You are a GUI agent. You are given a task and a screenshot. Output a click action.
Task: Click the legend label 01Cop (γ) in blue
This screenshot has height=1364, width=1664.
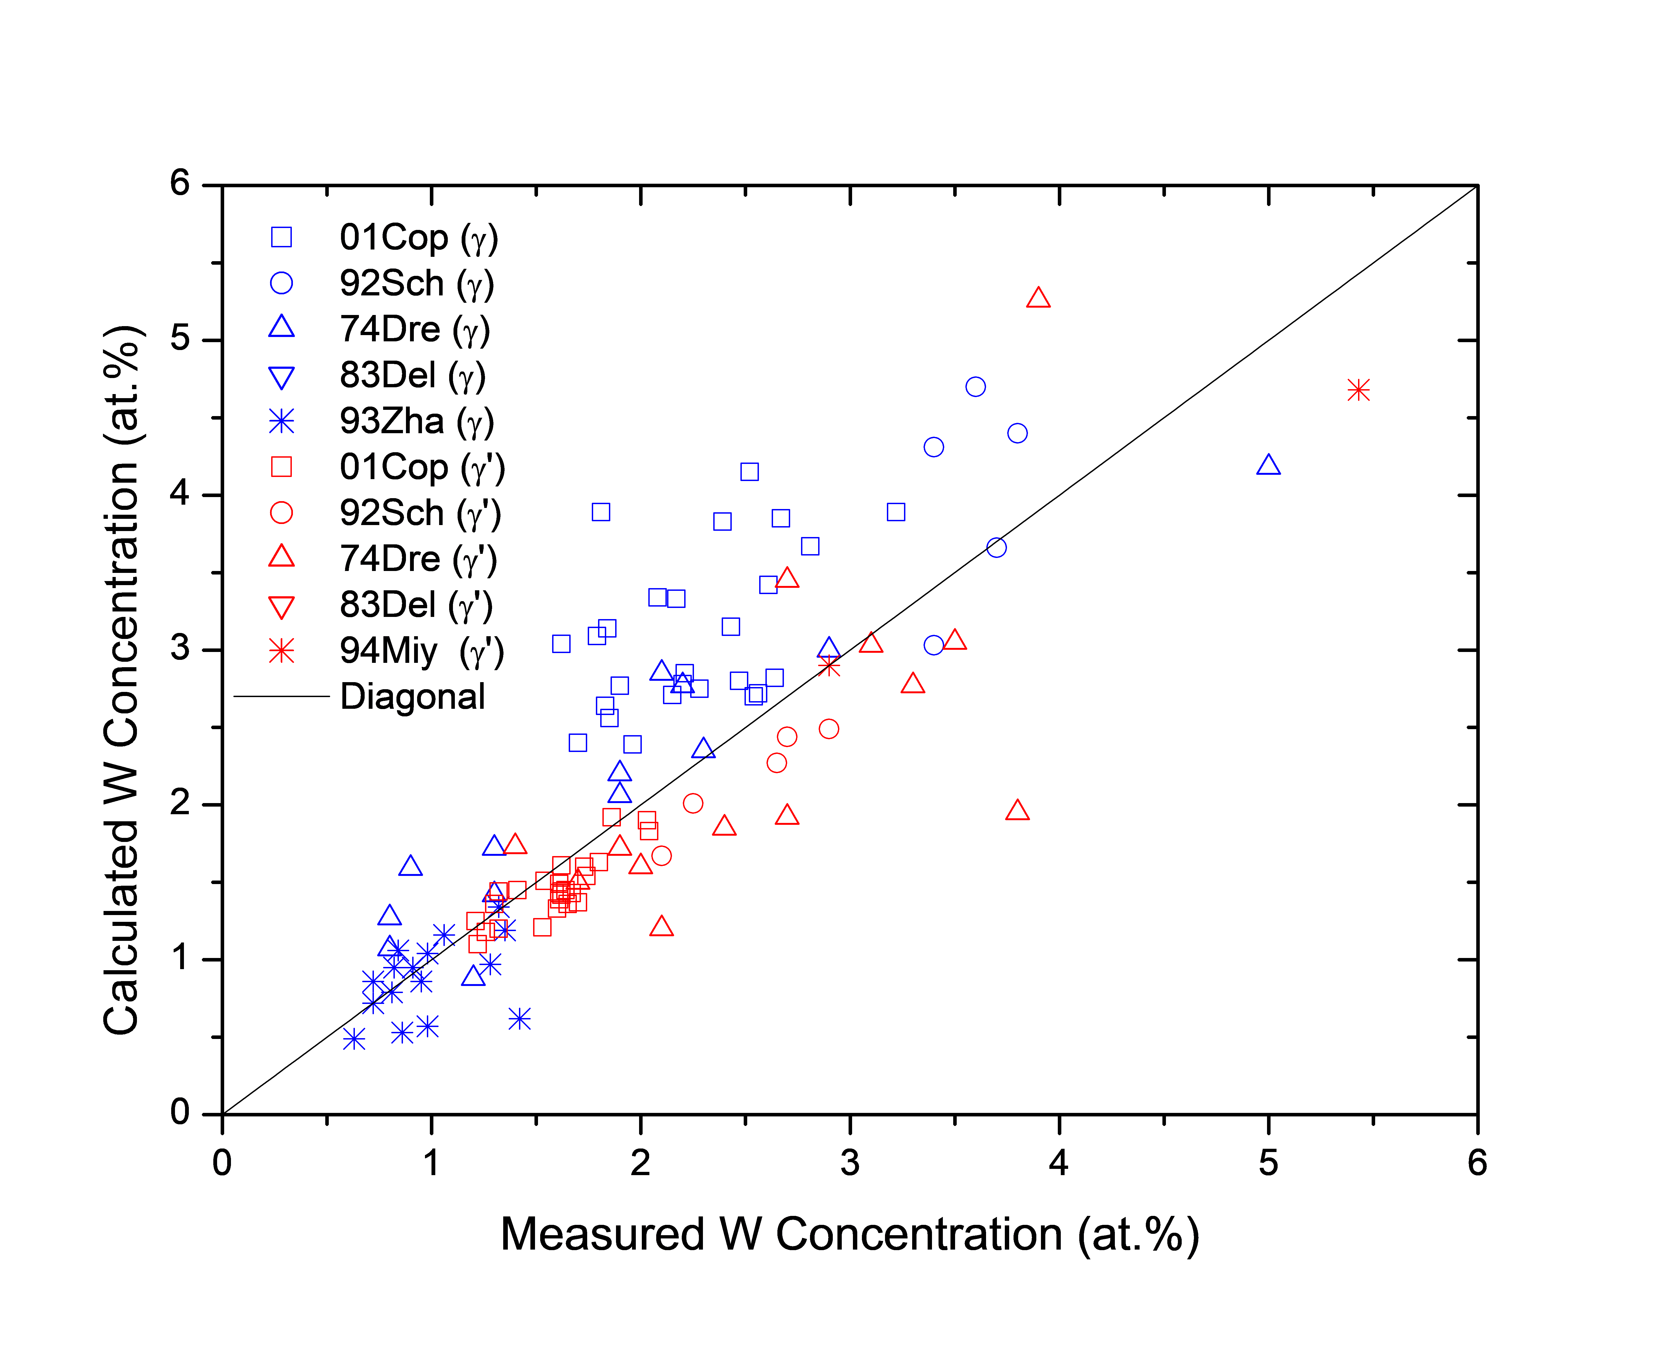[x=418, y=237]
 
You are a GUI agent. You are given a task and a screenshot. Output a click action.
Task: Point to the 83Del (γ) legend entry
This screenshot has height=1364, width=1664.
[x=412, y=376]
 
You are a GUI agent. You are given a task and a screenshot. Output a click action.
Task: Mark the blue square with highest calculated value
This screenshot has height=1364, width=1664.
[x=749, y=472]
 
